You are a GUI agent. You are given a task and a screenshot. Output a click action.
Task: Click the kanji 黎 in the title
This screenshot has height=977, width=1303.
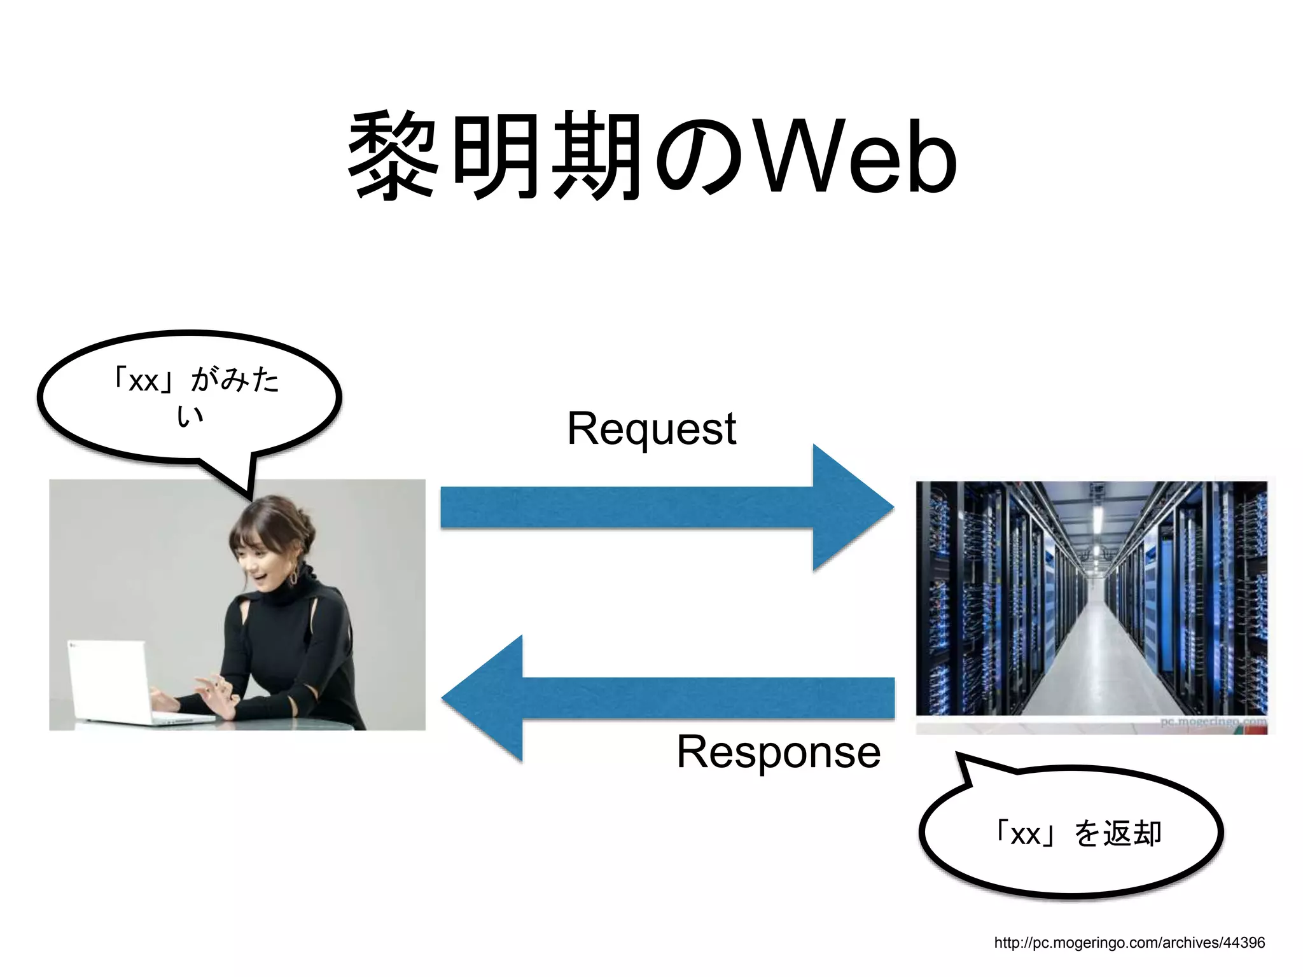coord(393,156)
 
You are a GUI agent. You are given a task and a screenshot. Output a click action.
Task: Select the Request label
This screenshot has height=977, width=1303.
coord(651,428)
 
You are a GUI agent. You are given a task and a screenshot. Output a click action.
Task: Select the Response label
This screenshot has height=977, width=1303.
coord(777,752)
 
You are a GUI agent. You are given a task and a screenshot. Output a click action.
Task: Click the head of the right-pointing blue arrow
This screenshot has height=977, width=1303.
coord(853,508)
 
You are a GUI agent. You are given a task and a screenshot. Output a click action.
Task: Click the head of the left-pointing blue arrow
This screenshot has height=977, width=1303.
coord(484,698)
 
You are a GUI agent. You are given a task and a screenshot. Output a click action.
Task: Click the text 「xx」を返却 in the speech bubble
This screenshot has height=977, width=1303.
coord(1079,833)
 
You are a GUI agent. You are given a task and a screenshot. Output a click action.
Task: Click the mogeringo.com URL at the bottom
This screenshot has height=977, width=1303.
coord(1129,942)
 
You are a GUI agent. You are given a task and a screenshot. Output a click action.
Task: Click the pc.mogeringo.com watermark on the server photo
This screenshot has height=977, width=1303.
coord(1212,722)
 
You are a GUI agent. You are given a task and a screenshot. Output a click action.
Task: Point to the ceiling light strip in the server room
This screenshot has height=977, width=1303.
coord(1097,518)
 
